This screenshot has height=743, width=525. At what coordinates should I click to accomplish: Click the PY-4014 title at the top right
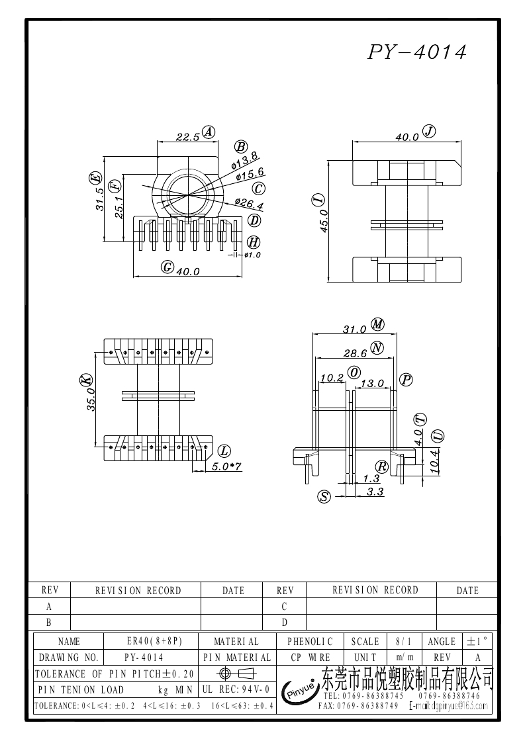[416, 52]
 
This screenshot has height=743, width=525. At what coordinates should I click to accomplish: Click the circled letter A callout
[209, 132]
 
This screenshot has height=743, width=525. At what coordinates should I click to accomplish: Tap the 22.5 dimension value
[187, 138]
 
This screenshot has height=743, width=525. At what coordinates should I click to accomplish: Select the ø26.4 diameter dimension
[249, 203]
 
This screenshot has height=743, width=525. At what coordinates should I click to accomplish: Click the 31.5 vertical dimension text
[100, 198]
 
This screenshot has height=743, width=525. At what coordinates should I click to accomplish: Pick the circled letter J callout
[429, 131]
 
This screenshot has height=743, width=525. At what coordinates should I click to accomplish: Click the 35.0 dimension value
[92, 400]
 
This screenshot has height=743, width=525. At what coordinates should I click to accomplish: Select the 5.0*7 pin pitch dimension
[226, 466]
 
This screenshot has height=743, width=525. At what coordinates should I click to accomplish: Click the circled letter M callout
[378, 324]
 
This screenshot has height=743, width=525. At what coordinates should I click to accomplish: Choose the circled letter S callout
[324, 497]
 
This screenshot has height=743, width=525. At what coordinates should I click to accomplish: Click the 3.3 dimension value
[375, 492]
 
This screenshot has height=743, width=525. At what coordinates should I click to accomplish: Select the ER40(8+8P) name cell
[154, 641]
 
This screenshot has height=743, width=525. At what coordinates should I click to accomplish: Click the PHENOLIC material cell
[310, 641]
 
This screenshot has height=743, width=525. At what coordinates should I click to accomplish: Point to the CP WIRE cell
[310, 658]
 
